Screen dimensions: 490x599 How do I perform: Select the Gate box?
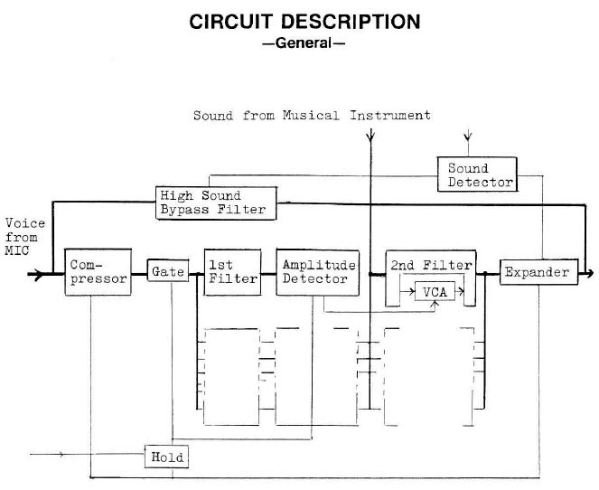[167, 271]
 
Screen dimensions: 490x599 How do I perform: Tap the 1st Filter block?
[232, 271]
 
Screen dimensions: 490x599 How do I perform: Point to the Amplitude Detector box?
[316, 271]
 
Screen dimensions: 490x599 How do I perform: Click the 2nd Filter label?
[430, 265]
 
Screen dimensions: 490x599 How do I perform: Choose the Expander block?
[537, 271]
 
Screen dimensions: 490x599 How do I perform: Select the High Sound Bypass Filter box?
[213, 203]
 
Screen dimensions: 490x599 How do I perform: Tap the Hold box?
[167, 457]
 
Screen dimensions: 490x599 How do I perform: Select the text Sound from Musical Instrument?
[312, 116]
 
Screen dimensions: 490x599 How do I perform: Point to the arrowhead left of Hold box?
[61, 455]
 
